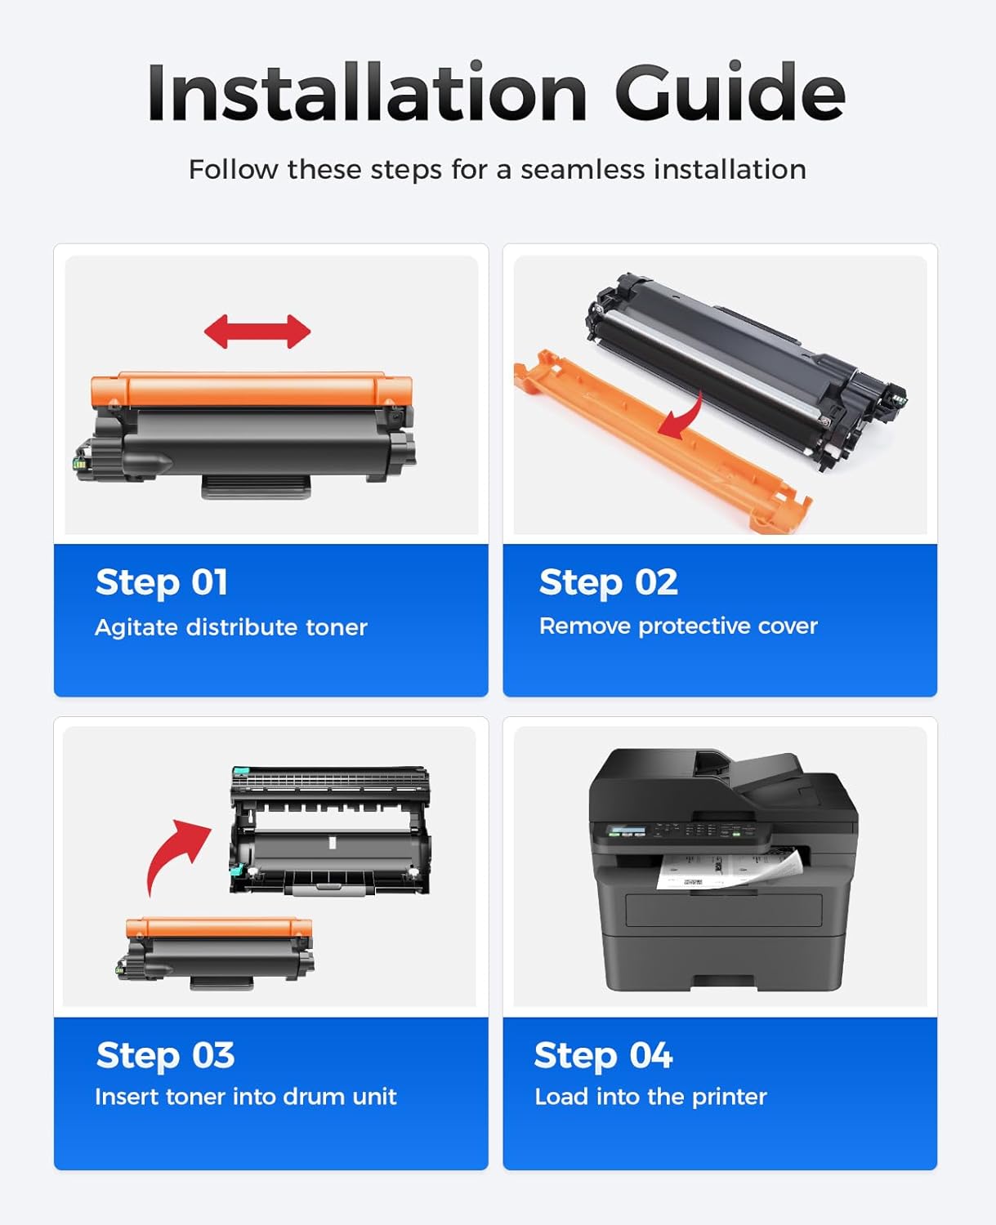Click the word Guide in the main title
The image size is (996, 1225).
tap(729, 92)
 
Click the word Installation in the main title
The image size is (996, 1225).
tap(367, 92)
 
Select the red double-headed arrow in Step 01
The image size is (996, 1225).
tap(257, 332)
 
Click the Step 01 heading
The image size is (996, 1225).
tap(162, 582)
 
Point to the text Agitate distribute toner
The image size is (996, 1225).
tap(231, 627)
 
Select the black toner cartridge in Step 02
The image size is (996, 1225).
tap(744, 367)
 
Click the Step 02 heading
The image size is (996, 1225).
tap(609, 582)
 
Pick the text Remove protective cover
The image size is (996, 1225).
tap(678, 626)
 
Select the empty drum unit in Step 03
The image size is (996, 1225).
tap(330, 829)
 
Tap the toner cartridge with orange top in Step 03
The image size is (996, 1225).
tap(217, 951)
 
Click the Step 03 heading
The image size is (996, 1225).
tap(166, 1055)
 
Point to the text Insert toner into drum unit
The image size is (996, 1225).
tap(246, 1096)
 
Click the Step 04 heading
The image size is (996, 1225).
tap(603, 1055)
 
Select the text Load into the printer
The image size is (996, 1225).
tap(650, 1096)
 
